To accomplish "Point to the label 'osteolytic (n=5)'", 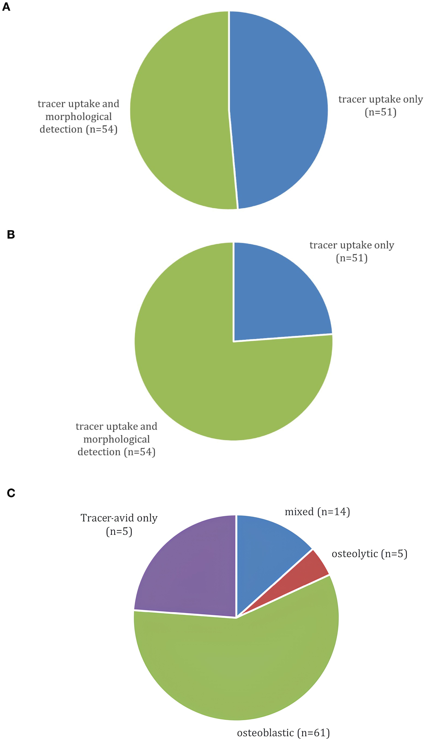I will [369, 554].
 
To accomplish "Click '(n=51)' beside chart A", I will [380, 112].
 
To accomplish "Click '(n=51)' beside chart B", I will [352, 258].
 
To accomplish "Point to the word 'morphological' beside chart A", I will [79, 117].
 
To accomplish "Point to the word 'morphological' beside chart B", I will [116, 439].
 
